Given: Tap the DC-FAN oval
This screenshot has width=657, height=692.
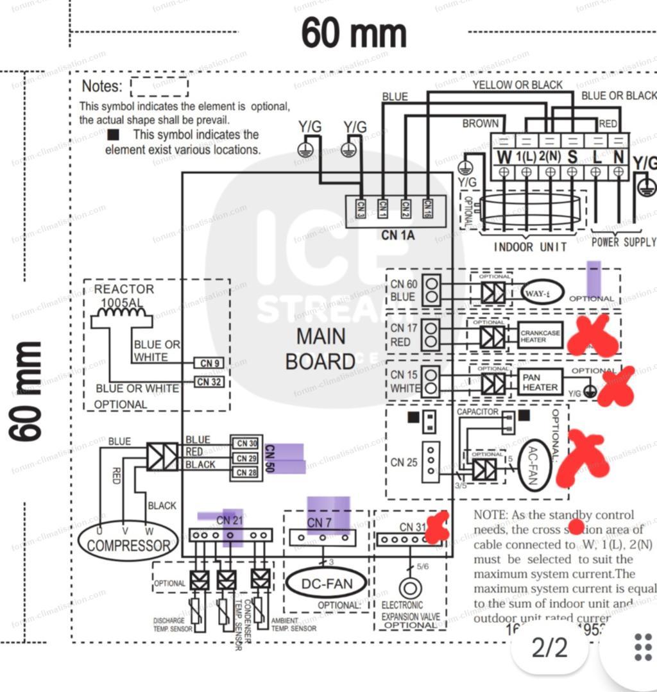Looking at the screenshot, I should (327, 583).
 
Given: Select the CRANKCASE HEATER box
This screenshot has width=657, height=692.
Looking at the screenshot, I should (540, 335).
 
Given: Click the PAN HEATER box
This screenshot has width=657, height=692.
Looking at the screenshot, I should (540, 382).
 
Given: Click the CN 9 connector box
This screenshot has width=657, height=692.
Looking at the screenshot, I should (210, 364).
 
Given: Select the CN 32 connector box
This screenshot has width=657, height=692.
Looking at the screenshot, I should (210, 382).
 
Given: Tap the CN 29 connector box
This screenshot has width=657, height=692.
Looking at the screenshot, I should (246, 458).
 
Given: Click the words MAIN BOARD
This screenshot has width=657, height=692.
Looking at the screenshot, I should (320, 348).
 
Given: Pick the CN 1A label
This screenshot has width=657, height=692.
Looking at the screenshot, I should (398, 235).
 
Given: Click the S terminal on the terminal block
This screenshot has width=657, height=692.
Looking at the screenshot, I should (572, 156).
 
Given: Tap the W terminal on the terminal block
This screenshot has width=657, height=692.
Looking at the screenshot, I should (504, 156).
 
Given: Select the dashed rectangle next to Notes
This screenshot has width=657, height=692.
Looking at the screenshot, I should (159, 87).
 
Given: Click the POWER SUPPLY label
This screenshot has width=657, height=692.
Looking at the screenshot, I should (624, 242).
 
